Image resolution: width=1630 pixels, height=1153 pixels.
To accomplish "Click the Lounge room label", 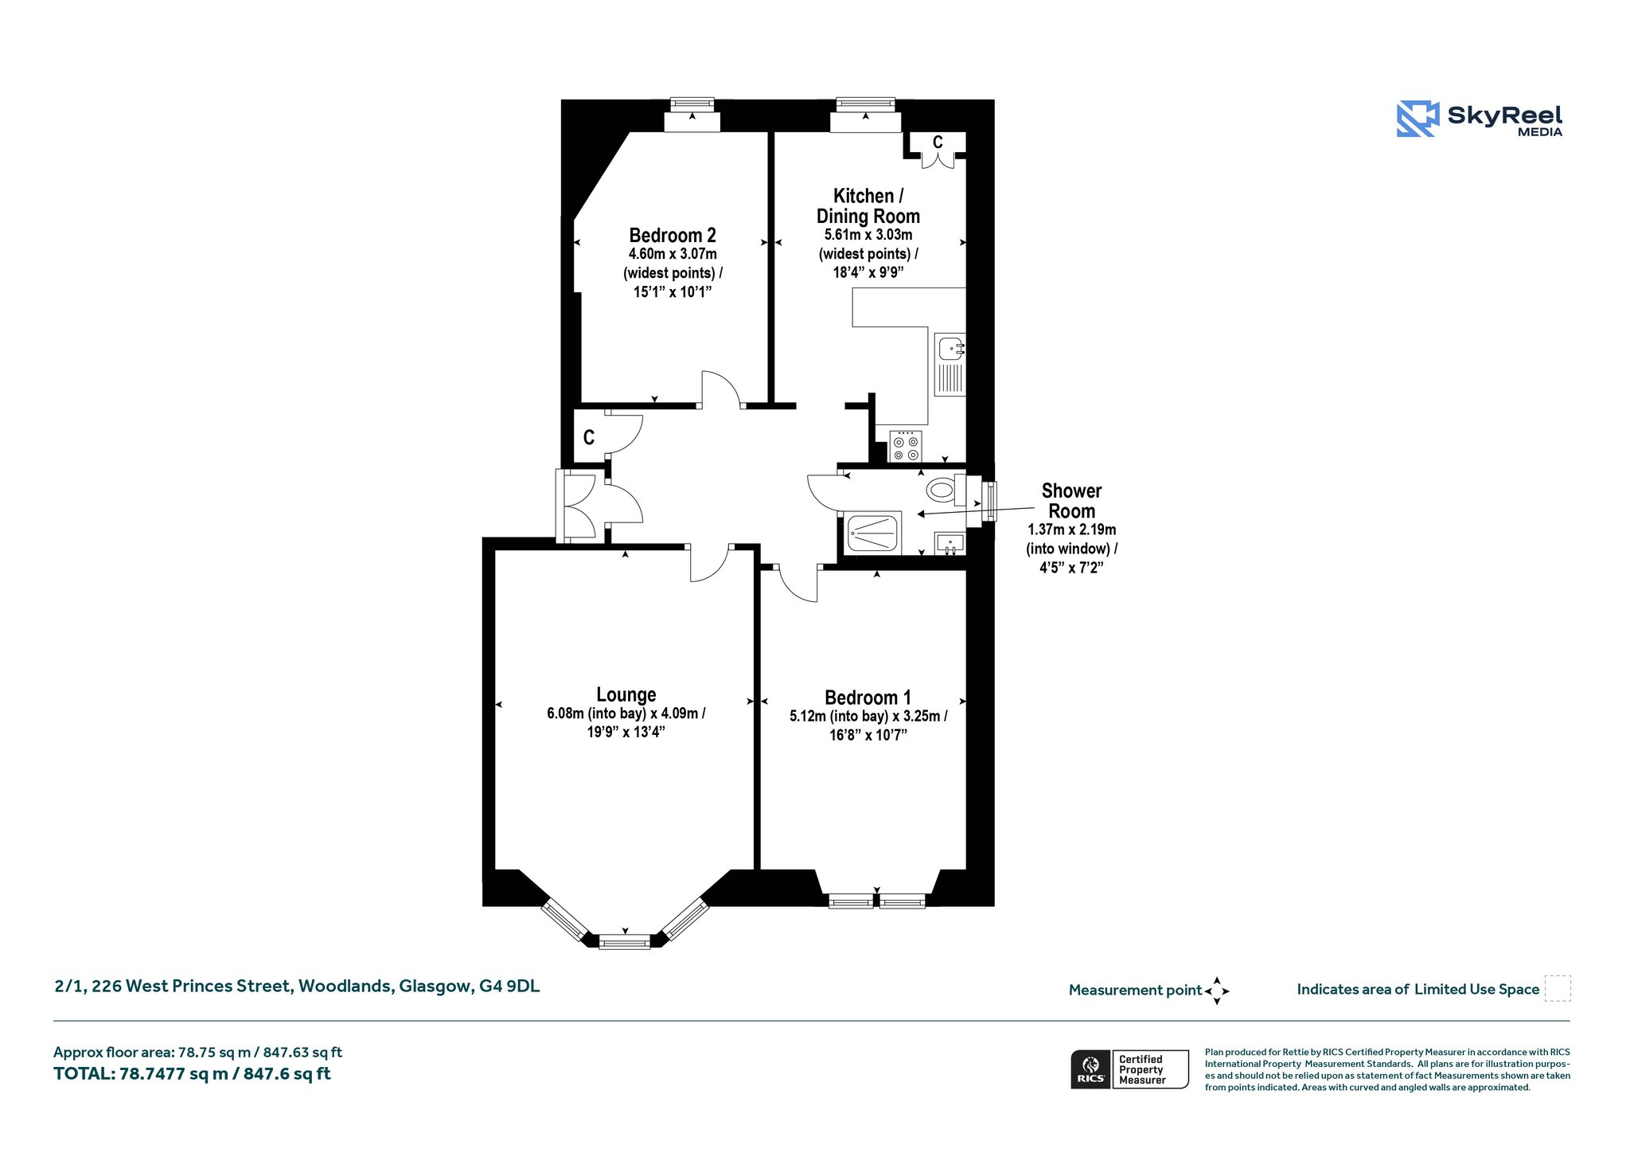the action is [x=626, y=694].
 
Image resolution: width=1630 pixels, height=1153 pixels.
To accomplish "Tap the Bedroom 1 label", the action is [x=868, y=698].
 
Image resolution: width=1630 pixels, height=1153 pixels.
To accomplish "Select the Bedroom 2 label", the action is [x=673, y=235].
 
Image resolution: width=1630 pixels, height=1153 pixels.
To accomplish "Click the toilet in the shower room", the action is [x=946, y=489].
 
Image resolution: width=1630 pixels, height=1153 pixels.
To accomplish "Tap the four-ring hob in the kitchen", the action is [x=906, y=446].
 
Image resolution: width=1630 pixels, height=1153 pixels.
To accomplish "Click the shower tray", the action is [x=873, y=532].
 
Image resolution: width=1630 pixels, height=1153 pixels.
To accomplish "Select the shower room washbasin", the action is [x=950, y=544].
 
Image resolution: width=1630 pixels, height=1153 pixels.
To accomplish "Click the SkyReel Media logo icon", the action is [x=1417, y=119].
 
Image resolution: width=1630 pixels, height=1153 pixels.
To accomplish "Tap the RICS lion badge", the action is [x=1090, y=1069].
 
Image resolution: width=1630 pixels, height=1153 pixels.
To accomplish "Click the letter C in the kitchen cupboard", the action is [x=938, y=142].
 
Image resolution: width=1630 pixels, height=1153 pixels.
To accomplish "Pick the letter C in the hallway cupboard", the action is [x=589, y=437].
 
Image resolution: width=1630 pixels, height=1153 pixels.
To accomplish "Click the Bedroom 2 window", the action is [x=692, y=104].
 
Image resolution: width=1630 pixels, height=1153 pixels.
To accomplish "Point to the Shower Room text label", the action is [x=1071, y=501].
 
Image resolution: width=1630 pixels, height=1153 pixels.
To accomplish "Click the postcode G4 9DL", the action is [x=509, y=986].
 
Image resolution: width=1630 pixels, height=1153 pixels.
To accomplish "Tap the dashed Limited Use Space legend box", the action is [x=1558, y=988].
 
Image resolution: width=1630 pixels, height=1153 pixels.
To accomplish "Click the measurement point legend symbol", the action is [x=1217, y=991].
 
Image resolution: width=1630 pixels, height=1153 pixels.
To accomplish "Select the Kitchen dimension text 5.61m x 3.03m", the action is [x=868, y=235].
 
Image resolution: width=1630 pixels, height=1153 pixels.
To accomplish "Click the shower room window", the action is [x=990, y=502].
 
